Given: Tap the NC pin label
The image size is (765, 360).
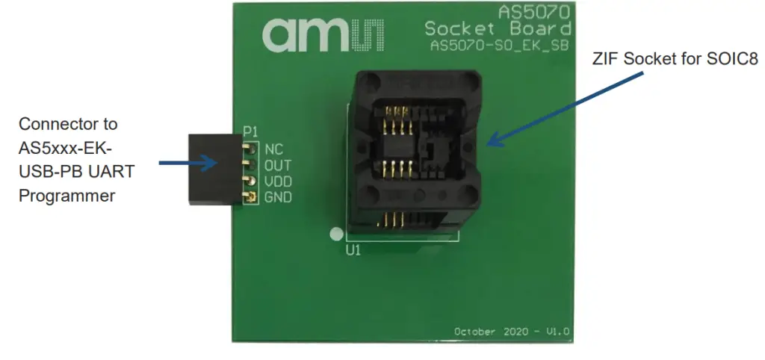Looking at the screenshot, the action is click(x=273, y=149).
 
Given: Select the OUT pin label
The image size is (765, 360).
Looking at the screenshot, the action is click(x=277, y=165).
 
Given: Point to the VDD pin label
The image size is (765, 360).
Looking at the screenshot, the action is click(x=277, y=181).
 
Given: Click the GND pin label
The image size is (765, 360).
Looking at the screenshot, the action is click(x=277, y=198).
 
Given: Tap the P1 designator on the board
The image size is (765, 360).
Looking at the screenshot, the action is click(x=250, y=133).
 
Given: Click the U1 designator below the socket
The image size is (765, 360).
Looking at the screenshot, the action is click(x=353, y=251).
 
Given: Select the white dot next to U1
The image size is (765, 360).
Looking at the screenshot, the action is click(x=336, y=234).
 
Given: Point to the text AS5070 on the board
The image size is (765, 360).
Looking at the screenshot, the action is click(x=535, y=13).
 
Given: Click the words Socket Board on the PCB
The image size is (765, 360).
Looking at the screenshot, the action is click(x=498, y=29).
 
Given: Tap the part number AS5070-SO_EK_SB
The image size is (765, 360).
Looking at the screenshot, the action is click(x=501, y=46).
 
